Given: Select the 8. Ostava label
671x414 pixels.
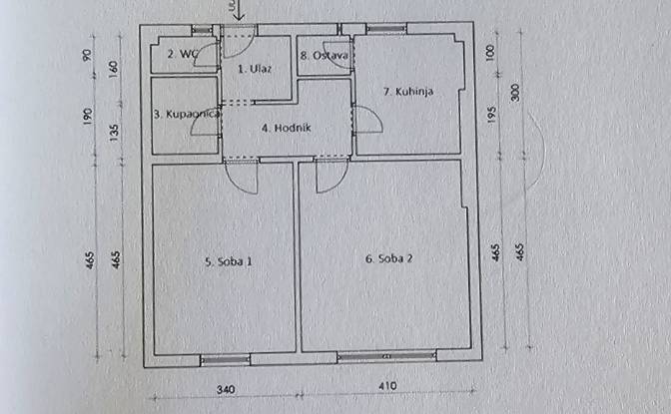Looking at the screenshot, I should pyautogui.click(x=324, y=56).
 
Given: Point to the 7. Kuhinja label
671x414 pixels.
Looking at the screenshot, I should pyautogui.click(x=408, y=91).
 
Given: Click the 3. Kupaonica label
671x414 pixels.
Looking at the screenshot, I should pyautogui.click(x=186, y=115).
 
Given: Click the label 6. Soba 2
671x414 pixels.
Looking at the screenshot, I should pyautogui.click(x=388, y=259).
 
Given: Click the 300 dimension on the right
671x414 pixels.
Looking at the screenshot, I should pyautogui.click(x=516, y=92).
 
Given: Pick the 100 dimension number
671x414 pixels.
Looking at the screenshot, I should pyautogui.click(x=492, y=51).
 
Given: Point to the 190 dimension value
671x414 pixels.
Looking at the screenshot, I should pyautogui.click(x=92, y=116).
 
